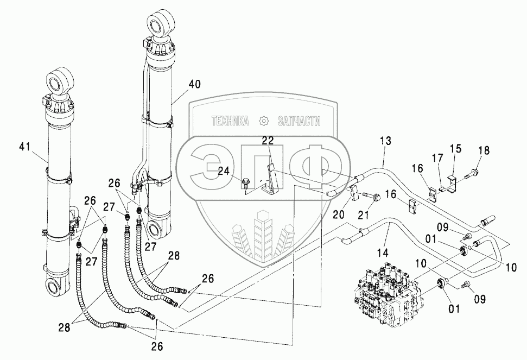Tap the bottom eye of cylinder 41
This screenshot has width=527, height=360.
(55, 285)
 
